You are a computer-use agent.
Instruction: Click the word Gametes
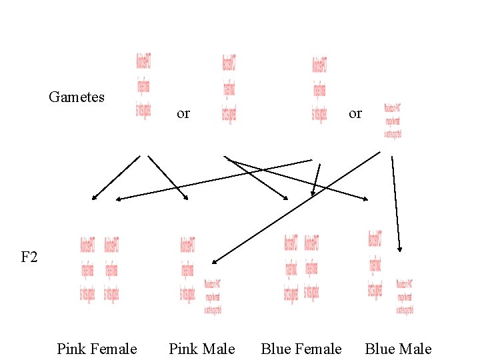point(77,97)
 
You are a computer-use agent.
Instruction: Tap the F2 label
point(29,257)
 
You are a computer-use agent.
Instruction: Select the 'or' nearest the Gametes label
point(183,113)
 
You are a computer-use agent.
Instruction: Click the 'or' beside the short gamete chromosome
point(355,113)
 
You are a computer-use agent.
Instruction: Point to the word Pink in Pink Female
point(71,349)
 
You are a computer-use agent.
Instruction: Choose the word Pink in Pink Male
point(183,349)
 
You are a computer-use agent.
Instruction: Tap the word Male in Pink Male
point(219,349)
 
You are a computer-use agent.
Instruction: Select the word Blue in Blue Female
point(276,349)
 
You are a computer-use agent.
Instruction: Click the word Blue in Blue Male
point(380,349)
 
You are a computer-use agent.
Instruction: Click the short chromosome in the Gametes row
point(393,121)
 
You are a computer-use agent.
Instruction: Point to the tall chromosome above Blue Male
point(375,265)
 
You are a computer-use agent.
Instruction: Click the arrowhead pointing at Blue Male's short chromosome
point(399,249)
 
